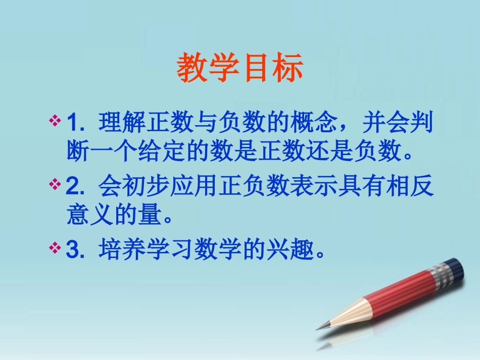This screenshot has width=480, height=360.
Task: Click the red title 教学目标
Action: pyautogui.click(x=239, y=69)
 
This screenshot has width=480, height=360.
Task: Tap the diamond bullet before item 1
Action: pyautogui.click(x=55, y=121)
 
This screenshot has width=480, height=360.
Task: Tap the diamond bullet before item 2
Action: pyautogui.click(x=55, y=184)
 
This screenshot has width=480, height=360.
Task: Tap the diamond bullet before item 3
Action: pyautogui.click(x=55, y=248)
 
